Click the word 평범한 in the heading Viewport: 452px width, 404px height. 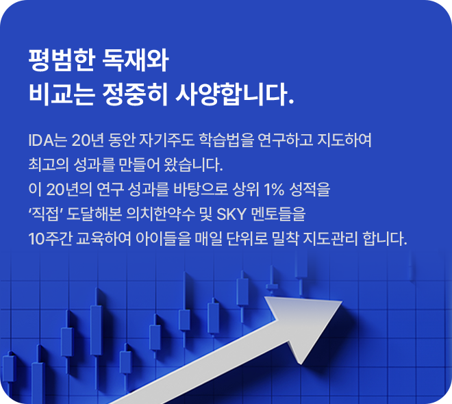click(62, 60)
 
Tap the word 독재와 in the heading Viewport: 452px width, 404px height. click(135, 60)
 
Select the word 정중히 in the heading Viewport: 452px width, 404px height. click(135, 94)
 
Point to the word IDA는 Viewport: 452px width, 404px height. click(48, 140)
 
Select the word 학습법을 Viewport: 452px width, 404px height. click(226, 140)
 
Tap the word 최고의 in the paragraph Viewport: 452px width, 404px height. click(49, 165)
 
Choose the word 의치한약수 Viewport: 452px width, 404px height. click(161, 214)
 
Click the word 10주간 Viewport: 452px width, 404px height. click(50, 239)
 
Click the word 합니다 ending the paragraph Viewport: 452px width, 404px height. click(385, 239)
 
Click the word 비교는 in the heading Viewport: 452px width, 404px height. click(62, 94)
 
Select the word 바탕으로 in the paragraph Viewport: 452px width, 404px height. click(201, 190)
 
